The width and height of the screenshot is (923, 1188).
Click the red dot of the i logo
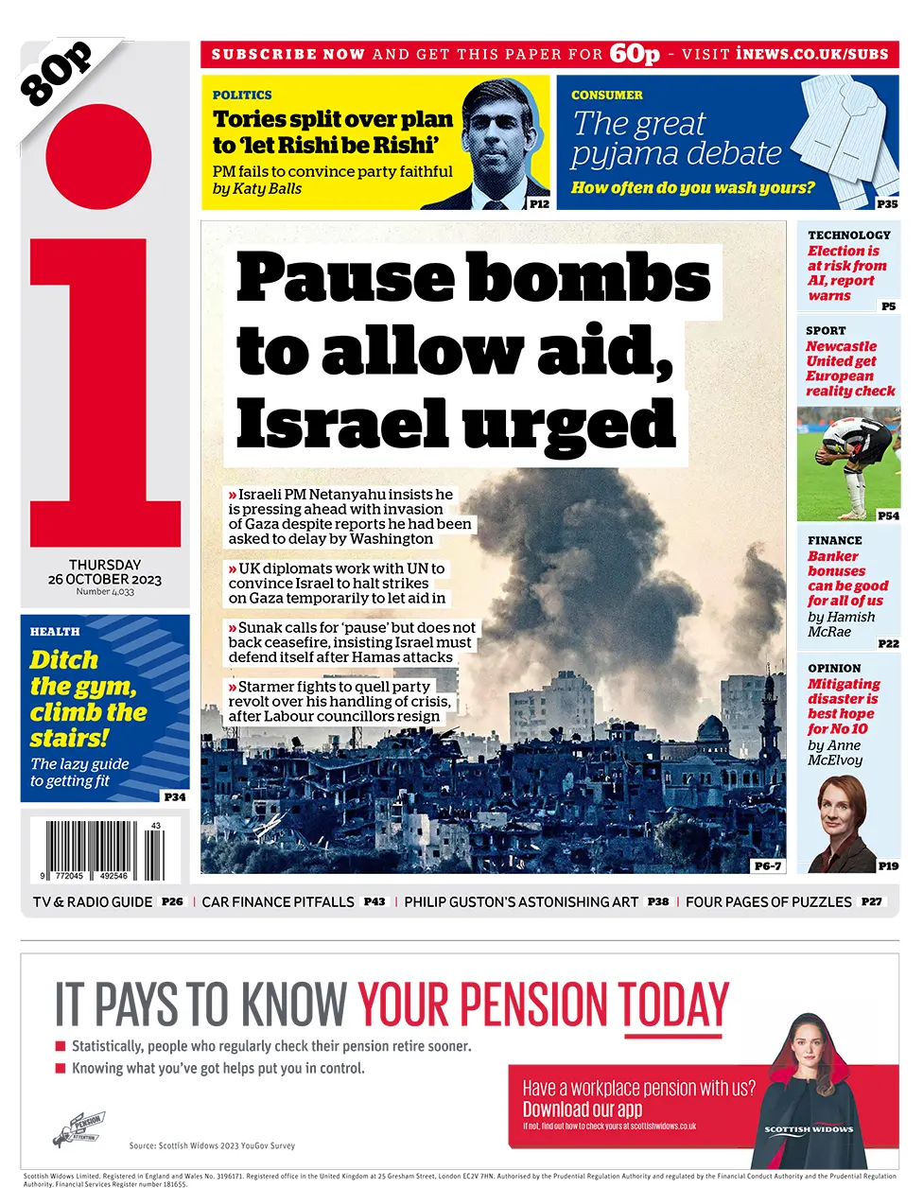(x=98, y=157)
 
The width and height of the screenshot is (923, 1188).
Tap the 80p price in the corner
(x=57, y=72)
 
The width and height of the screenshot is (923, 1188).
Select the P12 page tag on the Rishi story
(x=539, y=203)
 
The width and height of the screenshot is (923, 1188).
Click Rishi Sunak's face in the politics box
(x=499, y=137)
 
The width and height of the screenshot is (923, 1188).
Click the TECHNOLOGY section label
(x=848, y=235)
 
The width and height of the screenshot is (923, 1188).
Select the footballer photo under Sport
(x=848, y=463)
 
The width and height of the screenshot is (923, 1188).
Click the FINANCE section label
(x=834, y=540)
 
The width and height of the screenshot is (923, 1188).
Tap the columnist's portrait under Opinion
(x=842, y=812)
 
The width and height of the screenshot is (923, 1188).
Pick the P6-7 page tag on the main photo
(x=767, y=865)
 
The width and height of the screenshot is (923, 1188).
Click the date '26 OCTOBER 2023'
(x=105, y=579)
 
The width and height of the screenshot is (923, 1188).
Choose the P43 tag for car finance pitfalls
(x=374, y=901)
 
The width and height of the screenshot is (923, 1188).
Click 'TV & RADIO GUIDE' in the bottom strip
(x=93, y=902)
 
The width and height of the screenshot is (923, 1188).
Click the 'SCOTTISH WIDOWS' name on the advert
(x=809, y=1129)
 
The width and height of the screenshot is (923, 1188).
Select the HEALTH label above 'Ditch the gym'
(x=55, y=631)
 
